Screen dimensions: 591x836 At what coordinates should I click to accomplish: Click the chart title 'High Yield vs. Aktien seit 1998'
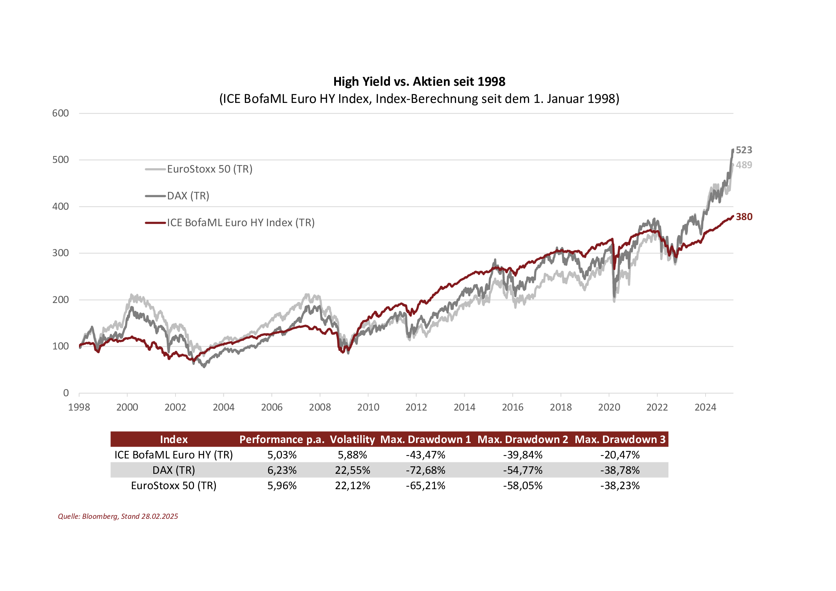click(419, 81)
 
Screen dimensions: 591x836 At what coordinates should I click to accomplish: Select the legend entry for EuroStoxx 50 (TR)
click(209, 169)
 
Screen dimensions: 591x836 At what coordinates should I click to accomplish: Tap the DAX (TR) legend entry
click(188, 196)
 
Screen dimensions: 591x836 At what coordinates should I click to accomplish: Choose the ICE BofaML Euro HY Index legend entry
click(240, 222)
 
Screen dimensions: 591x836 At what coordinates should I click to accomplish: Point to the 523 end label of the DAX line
click(743, 150)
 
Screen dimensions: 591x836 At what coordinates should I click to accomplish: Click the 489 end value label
click(743, 165)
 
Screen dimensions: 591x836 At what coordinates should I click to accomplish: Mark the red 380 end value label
click(743, 217)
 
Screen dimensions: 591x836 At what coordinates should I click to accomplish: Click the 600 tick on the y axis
click(60, 113)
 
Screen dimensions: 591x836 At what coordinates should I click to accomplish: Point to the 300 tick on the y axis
click(60, 253)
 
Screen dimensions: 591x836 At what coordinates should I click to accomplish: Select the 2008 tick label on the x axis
click(320, 407)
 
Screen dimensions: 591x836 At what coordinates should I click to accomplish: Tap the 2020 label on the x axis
click(609, 407)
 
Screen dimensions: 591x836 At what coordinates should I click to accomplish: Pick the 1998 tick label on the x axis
click(79, 407)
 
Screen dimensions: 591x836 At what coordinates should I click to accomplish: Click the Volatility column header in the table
click(352, 439)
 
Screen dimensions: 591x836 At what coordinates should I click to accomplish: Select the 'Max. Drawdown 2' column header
click(523, 439)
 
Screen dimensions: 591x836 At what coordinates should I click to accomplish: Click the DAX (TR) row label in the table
click(174, 470)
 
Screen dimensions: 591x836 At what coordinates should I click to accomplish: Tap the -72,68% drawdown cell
click(425, 470)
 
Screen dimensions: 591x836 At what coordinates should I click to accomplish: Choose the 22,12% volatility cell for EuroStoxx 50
click(352, 486)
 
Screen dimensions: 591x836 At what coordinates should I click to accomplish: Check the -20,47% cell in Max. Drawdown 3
click(620, 455)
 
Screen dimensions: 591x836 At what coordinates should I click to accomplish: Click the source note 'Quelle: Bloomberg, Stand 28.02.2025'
click(118, 516)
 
